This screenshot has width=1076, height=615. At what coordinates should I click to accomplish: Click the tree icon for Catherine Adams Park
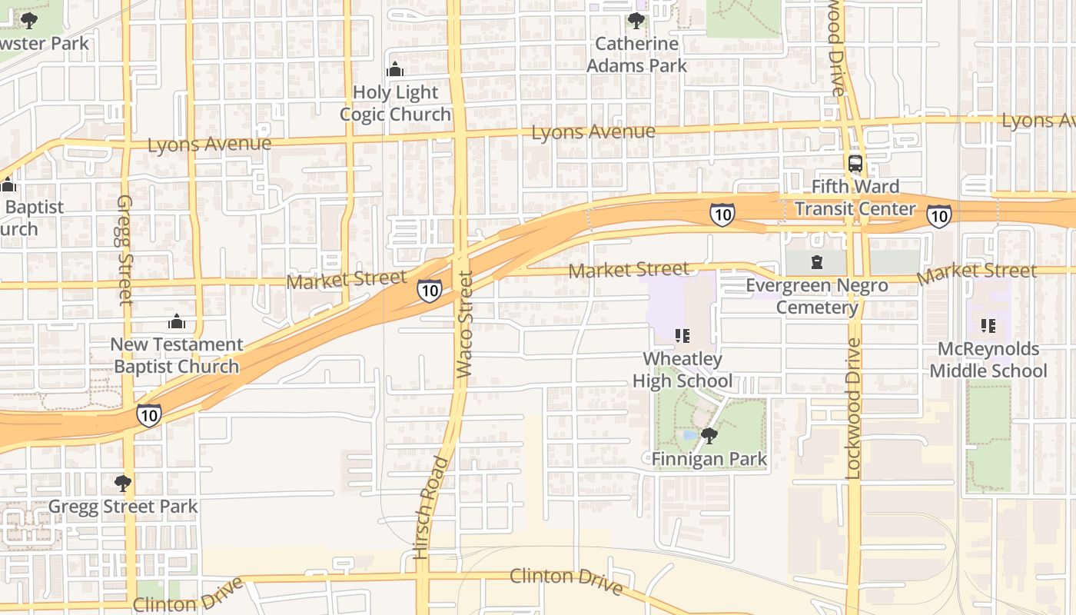click(636, 20)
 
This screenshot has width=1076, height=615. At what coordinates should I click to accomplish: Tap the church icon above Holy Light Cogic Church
click(395, 70)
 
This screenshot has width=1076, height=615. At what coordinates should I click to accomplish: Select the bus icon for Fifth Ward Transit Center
click(855, 163)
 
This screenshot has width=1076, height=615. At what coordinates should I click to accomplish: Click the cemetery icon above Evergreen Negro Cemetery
click(816, 263)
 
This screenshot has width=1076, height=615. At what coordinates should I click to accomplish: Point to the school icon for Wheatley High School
click(682, 335)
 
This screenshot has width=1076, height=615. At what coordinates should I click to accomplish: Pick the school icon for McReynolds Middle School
click(988, 326)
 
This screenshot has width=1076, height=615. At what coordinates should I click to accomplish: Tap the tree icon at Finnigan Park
click(709, 436)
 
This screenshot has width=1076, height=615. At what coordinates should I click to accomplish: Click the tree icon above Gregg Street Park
click(122, 484)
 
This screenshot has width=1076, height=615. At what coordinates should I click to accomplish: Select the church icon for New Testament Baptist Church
click(177, 321)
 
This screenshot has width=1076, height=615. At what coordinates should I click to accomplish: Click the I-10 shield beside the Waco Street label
click(430, 290)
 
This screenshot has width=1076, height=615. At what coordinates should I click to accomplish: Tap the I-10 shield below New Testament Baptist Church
click(149, 415)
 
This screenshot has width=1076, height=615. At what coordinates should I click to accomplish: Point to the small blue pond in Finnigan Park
click(689, 436)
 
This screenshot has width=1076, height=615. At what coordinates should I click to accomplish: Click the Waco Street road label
click(463, 324)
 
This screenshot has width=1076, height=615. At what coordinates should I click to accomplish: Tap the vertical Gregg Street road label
click(125, 249)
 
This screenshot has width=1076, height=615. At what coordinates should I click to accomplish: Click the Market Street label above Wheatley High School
click(629, 270)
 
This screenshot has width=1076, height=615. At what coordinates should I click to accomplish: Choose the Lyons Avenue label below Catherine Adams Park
click(593, 132)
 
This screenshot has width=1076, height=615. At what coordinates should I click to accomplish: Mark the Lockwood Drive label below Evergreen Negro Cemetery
click(853, 408)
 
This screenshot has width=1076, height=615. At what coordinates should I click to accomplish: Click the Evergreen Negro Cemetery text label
click(816, 297)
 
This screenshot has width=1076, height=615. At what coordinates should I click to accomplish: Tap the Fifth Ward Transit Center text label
click(855, 198)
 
